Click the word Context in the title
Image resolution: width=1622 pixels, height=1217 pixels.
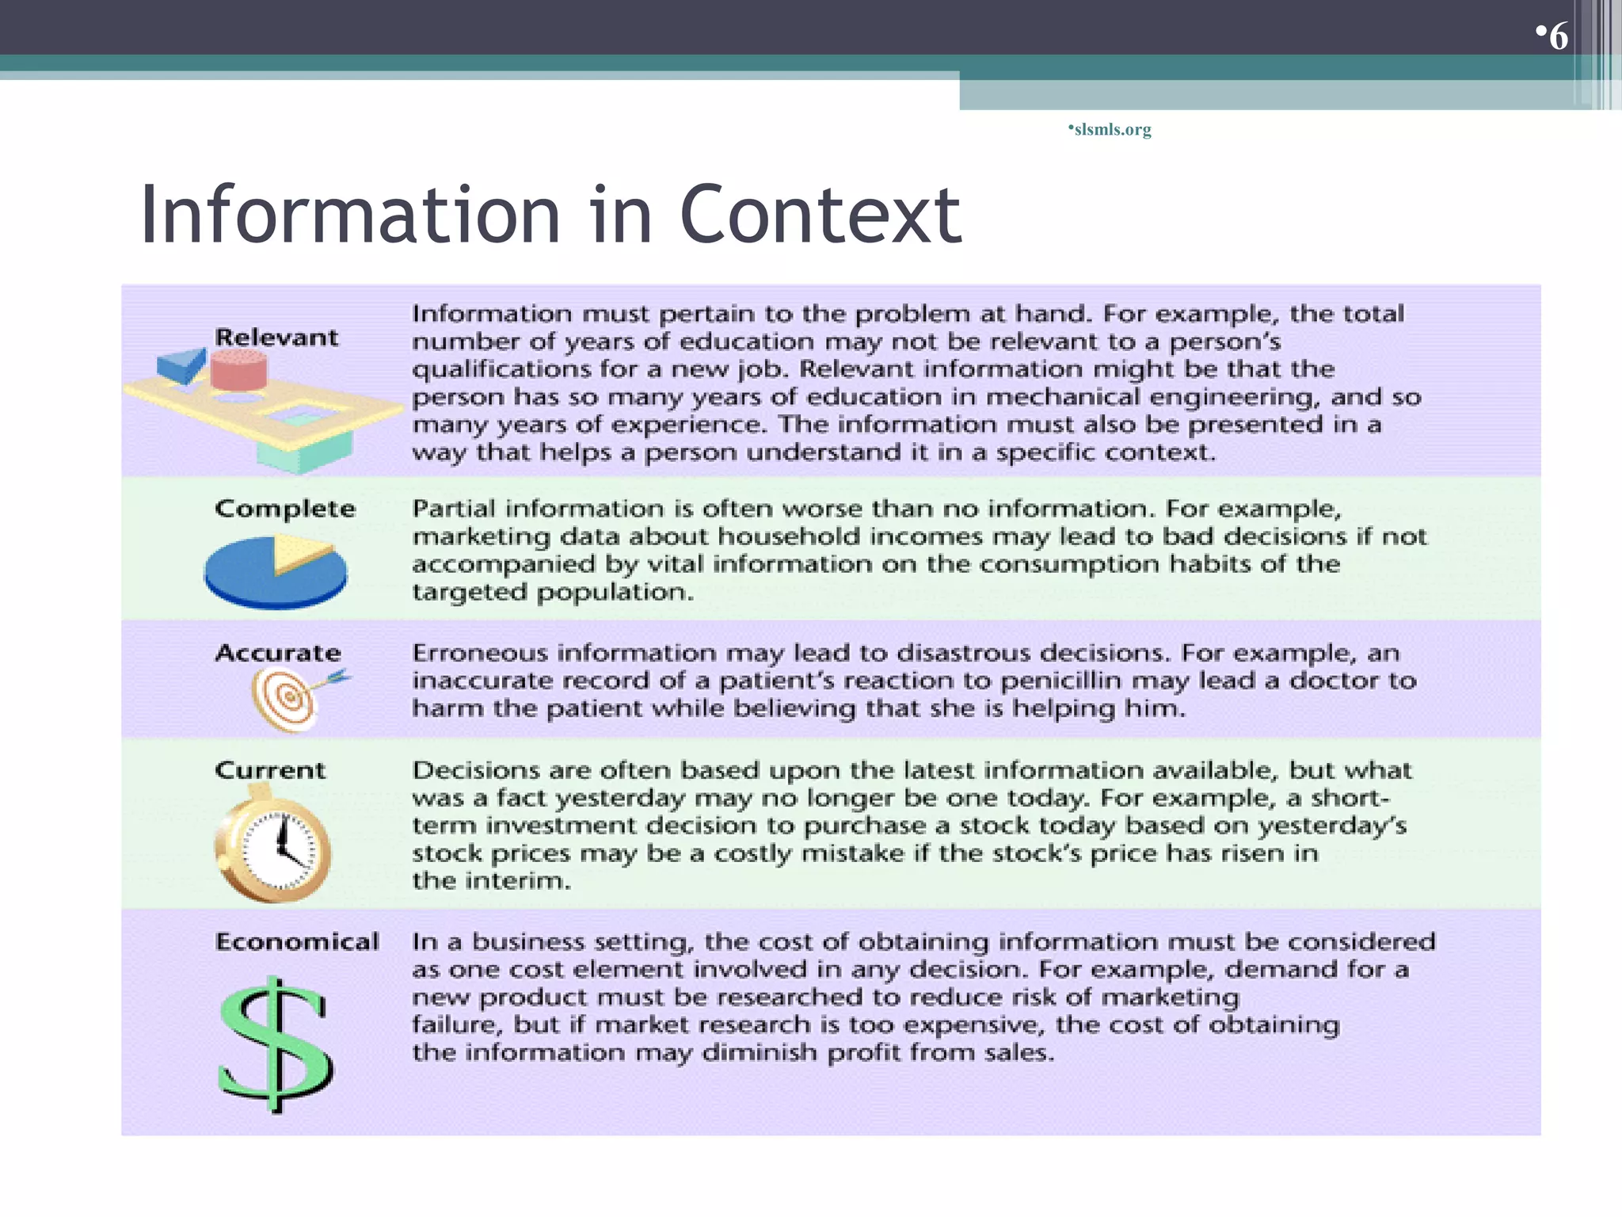click(821, 215)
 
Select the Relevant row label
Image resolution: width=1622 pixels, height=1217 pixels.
click(276, 338)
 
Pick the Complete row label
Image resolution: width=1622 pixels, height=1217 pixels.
click(285, 509)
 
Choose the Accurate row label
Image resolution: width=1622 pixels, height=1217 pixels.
click(278, 653)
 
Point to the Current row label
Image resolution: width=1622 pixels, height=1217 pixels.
click(270, 770)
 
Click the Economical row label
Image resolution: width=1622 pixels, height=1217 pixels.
click(297, 941)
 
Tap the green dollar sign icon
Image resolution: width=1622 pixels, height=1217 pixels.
click(275, 1044)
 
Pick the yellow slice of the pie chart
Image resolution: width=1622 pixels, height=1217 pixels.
click(301, 550)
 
